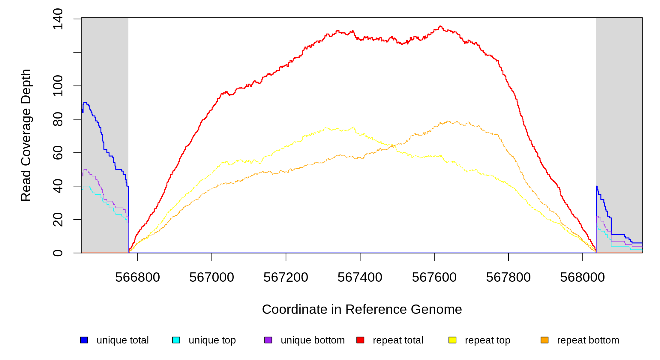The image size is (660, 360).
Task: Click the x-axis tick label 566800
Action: pos(137,277)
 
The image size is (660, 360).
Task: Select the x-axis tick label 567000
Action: pos(211,277)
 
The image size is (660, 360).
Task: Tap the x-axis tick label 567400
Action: pos(360,277)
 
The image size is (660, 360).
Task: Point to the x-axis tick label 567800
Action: pos(508,277)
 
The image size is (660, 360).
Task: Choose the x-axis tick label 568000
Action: pos(582,277)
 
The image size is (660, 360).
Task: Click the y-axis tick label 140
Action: pos(58,19)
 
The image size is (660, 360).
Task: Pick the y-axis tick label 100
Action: pos(58,86)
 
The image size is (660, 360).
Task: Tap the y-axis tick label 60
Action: pos(58,153)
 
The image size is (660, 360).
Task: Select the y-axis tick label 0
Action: pos(58,253)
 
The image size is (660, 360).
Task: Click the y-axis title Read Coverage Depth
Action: pos(26,135)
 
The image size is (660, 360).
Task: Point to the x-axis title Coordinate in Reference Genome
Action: pos(362,309)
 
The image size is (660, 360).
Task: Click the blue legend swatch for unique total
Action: pos(84,340)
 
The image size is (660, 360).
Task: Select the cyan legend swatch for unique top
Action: pos(176,340)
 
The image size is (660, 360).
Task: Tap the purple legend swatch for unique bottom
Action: pos(268,340)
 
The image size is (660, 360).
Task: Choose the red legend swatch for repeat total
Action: pos(360,340)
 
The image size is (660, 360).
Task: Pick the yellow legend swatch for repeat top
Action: pos(452,340)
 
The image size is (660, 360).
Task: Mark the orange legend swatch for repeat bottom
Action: pos(544,340)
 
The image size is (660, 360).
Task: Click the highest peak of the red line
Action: pos(440,26)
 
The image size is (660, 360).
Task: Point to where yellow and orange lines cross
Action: pos(393,145)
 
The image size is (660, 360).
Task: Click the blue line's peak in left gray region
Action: pos(85,103)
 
